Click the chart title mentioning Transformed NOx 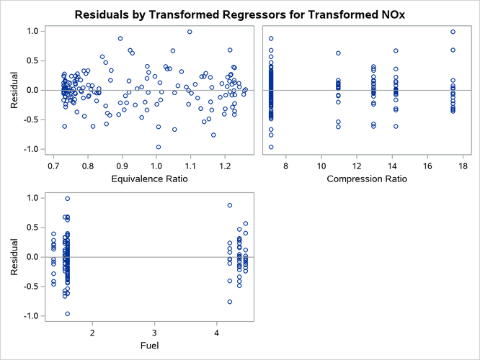[x=240, y=14]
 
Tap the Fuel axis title [x=154, y=344]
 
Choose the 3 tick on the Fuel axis [x=155, y=332]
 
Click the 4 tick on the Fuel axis [x=217, y=332]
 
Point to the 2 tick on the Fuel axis [x=92, y=332]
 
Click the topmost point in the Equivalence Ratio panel [x=190, y=32]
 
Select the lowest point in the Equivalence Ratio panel [x=159, y=147]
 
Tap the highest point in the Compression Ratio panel [x=453, y=32]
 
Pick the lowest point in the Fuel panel [x=68, y=314]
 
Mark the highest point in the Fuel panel [x=68, y=199]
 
